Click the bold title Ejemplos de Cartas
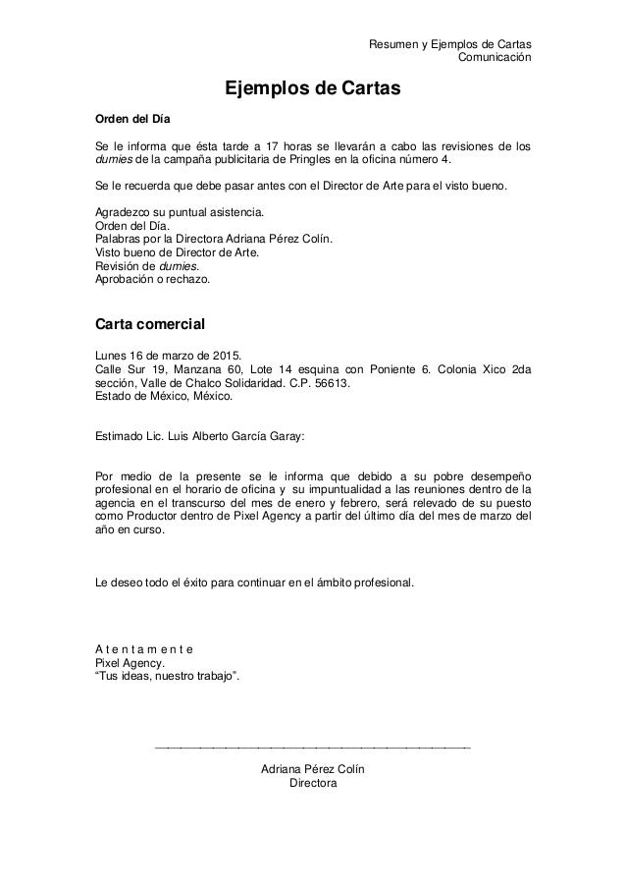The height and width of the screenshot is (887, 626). (313, 88)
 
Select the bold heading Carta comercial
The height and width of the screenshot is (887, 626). (148, 322)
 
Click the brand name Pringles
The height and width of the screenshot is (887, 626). (306, 162)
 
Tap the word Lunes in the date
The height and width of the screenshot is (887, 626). (111, 356)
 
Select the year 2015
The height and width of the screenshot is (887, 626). (233, 356)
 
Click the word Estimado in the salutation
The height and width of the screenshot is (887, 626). (118, 431)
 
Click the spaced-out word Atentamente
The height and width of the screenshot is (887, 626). (143, 648)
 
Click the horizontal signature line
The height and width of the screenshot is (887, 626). (313, 748)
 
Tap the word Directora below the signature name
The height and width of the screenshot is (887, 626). (313, 784)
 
